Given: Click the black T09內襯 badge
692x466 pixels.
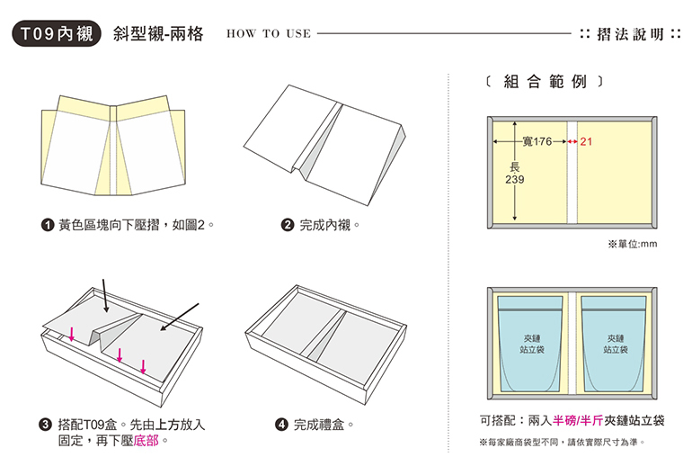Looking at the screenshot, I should coord(53,34).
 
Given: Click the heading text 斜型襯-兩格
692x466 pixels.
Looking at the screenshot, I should coord(158,34).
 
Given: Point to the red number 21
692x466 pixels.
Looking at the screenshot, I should coord(586,142).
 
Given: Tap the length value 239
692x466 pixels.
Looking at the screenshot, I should coord(515,180).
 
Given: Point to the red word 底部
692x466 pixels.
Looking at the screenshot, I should coord(148,442).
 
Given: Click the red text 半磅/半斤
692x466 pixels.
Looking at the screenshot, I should coord(578,420).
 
